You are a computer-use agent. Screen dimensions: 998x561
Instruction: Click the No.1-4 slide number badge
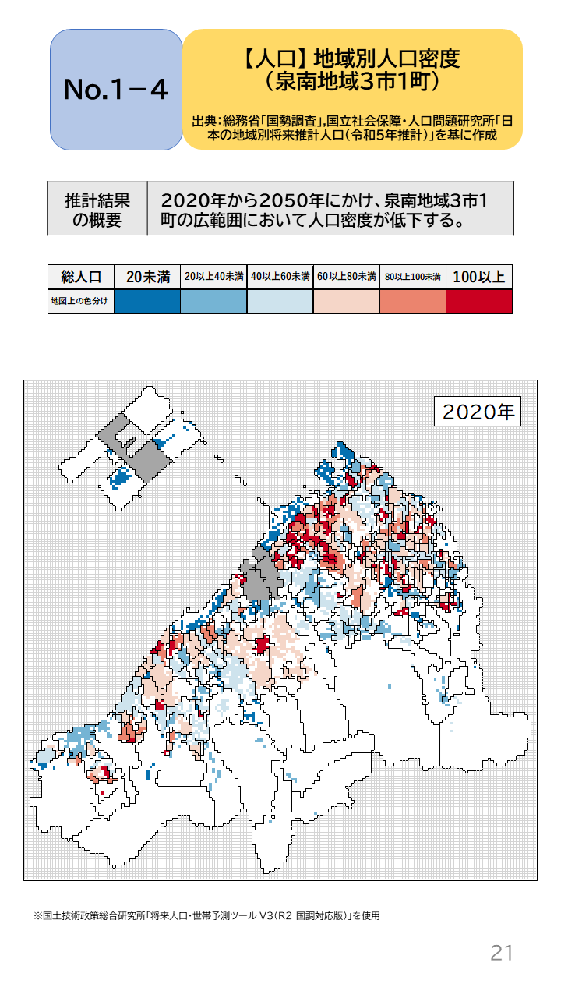tap(116, 90)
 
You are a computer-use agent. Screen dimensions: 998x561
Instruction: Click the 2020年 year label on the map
tap(477, 412)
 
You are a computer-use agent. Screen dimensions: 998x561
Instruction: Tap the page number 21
tap(501, 952)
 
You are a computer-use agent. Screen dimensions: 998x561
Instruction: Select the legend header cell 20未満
tap(147, 277)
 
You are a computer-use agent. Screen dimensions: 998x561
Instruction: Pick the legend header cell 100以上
tap(479, 277)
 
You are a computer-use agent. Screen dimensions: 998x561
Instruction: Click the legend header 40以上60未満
tap(280, 277)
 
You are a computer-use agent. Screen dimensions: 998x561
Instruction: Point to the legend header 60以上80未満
tap(347, 277)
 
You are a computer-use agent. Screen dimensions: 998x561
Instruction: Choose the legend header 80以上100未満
tap(413, 277)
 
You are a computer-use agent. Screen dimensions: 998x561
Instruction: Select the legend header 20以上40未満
tap(213, 277)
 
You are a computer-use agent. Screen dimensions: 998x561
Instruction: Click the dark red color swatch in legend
tap(479, 301)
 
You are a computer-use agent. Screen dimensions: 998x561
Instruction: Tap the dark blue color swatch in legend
tap(147, 301)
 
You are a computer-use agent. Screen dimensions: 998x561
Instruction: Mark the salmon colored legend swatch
tap(413, 301)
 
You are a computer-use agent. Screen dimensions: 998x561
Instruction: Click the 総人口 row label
tap(81, 277)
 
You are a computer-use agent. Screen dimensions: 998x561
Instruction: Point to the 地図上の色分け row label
tap(81, 301)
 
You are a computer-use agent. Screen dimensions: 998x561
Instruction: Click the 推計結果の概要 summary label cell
tap(97, 209)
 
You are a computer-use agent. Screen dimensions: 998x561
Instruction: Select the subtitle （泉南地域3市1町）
tap(352, 80)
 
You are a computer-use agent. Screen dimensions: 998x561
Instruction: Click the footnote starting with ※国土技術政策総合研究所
tap(206, 915)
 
